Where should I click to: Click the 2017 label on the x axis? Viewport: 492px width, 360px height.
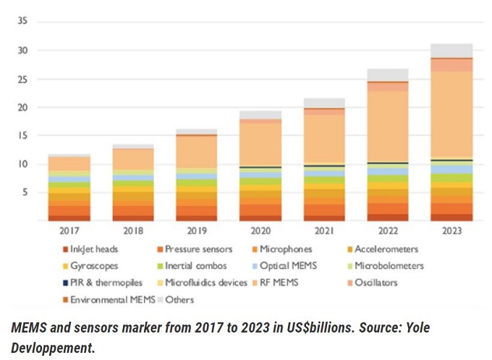(69, 231)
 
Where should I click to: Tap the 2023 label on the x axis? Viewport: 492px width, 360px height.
(452, 231)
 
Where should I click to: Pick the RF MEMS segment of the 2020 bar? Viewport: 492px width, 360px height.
(261, 145)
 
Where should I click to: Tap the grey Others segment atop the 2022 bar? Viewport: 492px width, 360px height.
(389, 75)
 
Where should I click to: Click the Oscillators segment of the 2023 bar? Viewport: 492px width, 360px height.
(452, 65)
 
